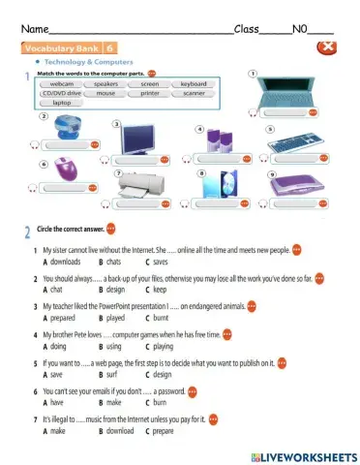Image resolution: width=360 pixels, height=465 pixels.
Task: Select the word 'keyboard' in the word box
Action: point(193,84)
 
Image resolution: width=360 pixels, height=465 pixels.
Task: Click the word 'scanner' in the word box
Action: point(193,93)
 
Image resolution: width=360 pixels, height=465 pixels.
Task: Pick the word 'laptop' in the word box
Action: point(61,102)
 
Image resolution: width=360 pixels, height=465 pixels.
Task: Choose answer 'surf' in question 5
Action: point(112,374)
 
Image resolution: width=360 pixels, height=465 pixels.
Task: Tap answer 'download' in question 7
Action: point(119,430)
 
